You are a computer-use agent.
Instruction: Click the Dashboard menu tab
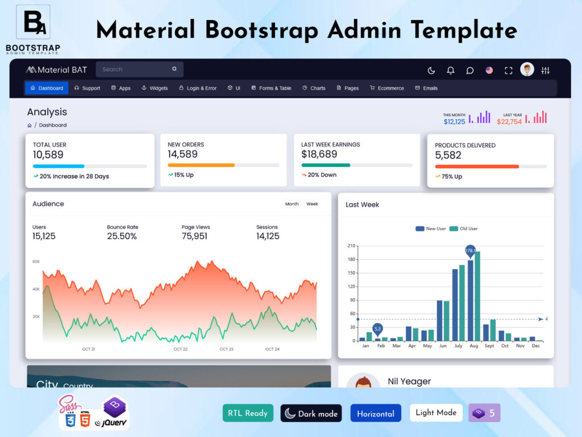(x=47, y=88)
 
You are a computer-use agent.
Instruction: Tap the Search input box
(x=136, y=69)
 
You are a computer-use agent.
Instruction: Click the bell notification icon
(x=451, y=71)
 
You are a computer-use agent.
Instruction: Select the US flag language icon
(x=489, y=71)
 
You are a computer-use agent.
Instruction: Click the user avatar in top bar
(x=527, y=69)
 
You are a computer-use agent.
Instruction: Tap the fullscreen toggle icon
(x=509, y=71)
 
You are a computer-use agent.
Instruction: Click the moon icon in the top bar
(x=431, y=71)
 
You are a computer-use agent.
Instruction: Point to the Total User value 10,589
(x=48, y=155)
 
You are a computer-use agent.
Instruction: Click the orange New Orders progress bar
(x=201, y=165)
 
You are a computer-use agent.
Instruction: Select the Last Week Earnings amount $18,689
(x=319, y=154)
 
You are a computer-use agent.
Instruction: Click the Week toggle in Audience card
(x=312, y=204)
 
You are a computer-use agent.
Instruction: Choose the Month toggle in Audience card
(x=292, y=204)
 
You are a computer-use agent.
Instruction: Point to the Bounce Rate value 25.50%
(x=122, y=236)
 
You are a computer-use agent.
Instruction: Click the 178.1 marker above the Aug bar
(x=470, y=250)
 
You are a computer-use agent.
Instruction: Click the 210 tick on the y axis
(x=351, y=246)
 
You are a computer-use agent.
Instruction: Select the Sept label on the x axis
(x=489, y=346)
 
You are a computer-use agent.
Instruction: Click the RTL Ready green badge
(x=248, y=413)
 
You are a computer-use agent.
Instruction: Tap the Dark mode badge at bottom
(x=311, y=414)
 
